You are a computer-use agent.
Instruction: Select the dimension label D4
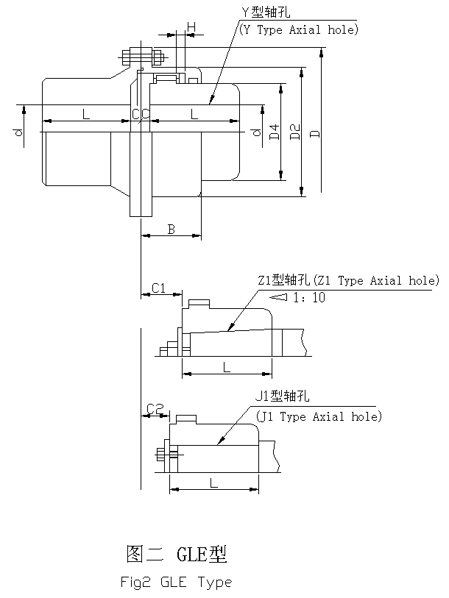pos(274,132)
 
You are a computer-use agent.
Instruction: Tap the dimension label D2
pos(294,132)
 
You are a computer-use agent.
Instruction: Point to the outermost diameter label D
pos(314,133)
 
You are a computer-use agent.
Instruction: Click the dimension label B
pos(171,229)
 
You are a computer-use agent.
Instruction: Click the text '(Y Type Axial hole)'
pos(298,30)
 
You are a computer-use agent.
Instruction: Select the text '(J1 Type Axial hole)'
pos(318,416)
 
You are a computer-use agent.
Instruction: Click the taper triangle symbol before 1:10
pos(277,297)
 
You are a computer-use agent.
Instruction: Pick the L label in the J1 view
pos(213,483)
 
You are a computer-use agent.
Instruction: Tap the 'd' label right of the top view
pos(255,133)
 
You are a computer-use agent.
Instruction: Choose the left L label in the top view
pos(85,114)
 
